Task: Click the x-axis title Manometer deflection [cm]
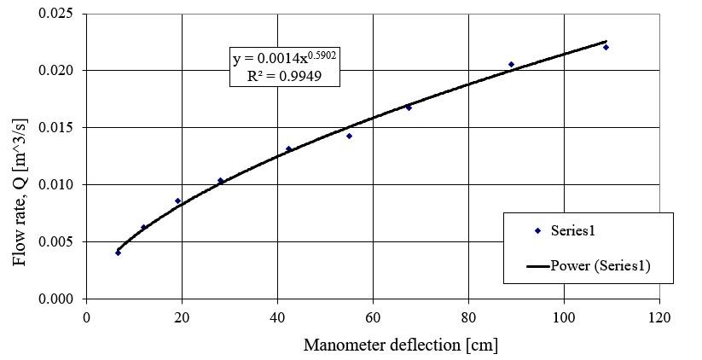(400, 345)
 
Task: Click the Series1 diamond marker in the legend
(537, 231)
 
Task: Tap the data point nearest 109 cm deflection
(606, 47)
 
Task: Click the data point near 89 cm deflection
(511, 64)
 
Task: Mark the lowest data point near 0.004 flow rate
(118, 253)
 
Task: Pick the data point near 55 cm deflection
(349, 136)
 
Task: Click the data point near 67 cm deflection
(409, 107)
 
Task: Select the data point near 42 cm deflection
(288, 148)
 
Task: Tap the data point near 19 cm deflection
(177, 200)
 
